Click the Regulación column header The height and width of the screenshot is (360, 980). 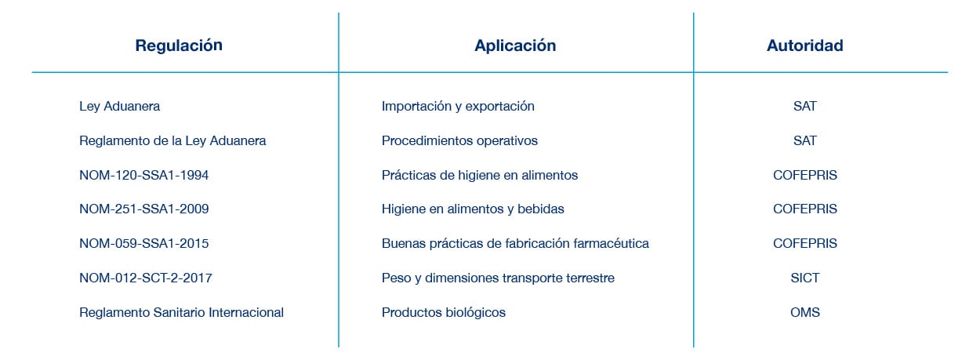pos(179,45)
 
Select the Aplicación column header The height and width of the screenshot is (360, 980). pos(515,45)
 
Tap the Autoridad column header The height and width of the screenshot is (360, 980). pos(804,45)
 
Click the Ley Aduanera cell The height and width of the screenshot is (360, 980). pos(119,106)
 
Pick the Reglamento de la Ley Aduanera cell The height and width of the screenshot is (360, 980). pos(172,140)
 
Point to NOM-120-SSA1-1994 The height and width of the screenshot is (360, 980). pos(143,175)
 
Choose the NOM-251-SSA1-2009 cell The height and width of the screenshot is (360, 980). pos(143,209)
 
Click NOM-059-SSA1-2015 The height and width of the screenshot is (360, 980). pos(143,244)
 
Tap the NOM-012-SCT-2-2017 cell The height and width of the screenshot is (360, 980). pos(146,278)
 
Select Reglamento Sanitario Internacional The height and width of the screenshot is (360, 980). pos(181,313)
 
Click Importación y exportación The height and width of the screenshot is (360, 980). pos(458,106)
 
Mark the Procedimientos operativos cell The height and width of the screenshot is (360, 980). pos(459,140)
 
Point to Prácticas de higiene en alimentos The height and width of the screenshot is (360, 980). pos(480,175)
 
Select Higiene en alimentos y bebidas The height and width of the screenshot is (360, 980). pos(473,209)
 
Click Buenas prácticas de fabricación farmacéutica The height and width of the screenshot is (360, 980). pos(515,244)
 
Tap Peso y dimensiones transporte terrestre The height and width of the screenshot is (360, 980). pos(498,278)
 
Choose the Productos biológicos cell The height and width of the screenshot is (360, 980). pos(444,313)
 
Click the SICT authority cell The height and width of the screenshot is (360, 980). pos(804,278)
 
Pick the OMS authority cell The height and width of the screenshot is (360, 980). pos(804,313)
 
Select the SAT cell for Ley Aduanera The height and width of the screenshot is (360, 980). pos(804,106)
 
